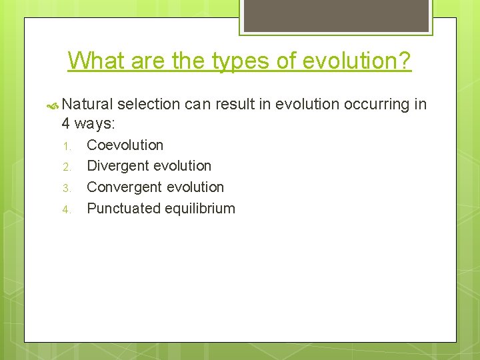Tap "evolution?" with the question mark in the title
tap(357, 61)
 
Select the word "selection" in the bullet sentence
tap(149, 105)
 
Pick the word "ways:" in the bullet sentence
tap(96, 123)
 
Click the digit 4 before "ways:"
tap(66, 123)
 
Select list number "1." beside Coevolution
tap(66, 146)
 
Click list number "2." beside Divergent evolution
tap(66, 167)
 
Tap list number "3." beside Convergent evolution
tap(66, 188)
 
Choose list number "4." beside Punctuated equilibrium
tap(66, 209)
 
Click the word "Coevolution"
tap(125, 145)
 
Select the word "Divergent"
tap(118, 166)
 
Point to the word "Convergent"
tap(122, 187)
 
